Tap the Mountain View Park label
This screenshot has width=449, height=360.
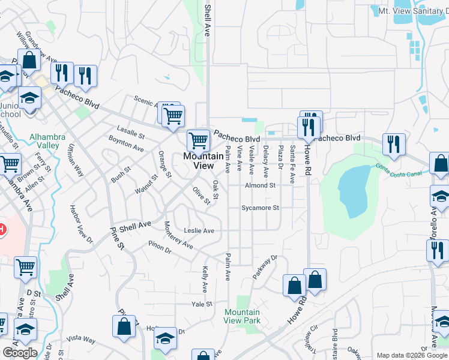242,316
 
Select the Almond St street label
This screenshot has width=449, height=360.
259,185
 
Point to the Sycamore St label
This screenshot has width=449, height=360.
260,208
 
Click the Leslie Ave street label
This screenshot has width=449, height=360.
199,230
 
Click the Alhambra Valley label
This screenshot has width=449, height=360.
44,141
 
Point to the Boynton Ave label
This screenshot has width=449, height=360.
126,143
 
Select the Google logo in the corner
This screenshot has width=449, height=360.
20,352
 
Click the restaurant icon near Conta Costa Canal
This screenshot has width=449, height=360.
394,145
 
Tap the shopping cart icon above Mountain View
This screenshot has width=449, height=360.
198,141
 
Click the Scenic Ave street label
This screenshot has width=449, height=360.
146,103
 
